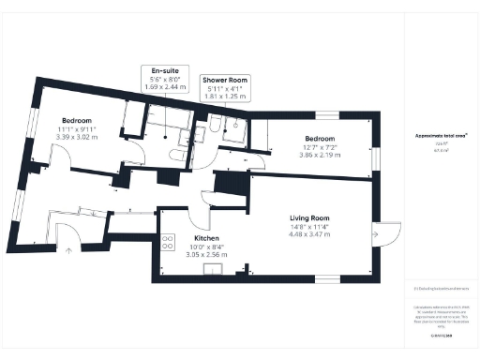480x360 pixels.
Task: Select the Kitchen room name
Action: click(207, 238)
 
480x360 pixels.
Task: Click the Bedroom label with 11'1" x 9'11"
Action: click(77, 121)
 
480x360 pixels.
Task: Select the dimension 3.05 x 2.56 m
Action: click(207, 254)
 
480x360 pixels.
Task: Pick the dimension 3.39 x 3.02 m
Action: click(77, 137)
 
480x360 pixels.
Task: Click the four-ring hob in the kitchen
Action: click(168, 242)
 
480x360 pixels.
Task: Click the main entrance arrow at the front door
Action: click(67, 262)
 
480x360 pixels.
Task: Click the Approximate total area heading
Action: click(441, 135)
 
